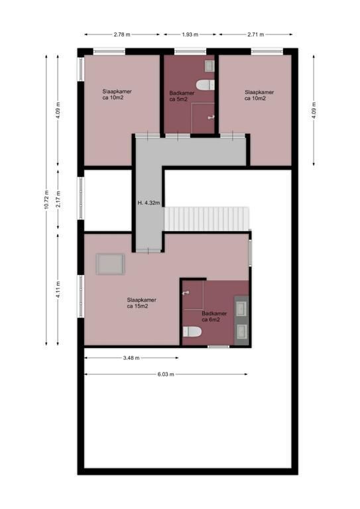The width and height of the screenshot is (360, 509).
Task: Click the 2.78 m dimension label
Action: click(x=121, y=34)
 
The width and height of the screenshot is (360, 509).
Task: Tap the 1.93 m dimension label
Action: click(x=190, y=34)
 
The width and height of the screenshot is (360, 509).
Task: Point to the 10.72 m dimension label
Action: click(x=46, y=197)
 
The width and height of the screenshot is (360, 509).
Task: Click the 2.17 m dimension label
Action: click(x=59, y=200)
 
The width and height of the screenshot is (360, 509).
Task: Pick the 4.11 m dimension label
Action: click(x=59, y=290)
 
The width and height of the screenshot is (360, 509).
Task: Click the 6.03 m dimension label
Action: click(x=166, y=374)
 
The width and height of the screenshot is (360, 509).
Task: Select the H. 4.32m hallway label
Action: click(x=148, y=203)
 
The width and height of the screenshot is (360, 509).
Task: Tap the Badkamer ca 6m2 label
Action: click(x=214, y=317)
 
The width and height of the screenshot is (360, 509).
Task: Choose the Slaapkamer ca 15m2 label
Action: click(x=142, y=303)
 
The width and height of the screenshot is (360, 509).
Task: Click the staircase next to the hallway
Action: click(x=207, y=219)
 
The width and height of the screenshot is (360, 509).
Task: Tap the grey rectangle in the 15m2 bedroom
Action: click(x=110, y=264)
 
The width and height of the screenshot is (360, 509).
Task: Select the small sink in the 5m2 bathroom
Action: click(x=210, y=65)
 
